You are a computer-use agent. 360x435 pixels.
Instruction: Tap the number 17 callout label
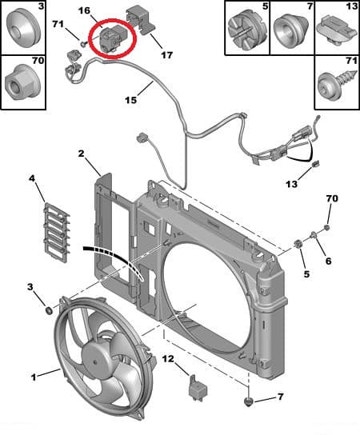click(x=166, y=55)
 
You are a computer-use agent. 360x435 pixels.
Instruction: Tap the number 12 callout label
click(x=169, y=361)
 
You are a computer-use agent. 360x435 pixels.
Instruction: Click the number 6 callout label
click(x=327, y=259)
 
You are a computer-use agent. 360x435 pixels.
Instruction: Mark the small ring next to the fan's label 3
click(x=47, y=309)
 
